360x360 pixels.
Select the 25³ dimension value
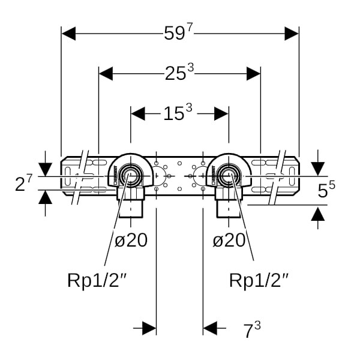coord(179,73)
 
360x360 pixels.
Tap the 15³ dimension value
coord(178,113)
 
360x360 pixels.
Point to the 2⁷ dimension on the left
coord(23,183)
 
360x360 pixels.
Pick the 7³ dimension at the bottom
coord(251,329)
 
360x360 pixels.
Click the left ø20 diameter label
coord(131,241)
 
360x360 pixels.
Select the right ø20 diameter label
coord(229,241)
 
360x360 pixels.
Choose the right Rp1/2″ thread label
coord(259,280)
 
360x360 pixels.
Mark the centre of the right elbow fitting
coord(228,176)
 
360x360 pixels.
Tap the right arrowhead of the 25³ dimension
coord(254,73)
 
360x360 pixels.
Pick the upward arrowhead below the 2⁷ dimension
coord(45,197)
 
